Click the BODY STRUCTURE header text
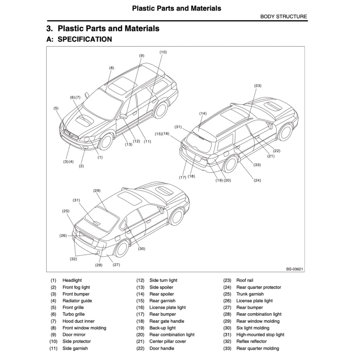click(x=283, y=17)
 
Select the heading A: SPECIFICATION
click(x=79, y=39)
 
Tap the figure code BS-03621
click(x=294, y=269)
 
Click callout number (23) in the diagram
click(x=258, y=86)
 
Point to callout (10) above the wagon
click(x=163, y=52)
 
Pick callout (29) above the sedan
click(x=97, y=191)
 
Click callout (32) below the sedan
click(x=73, y=259)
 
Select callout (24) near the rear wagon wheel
click(x=257, y=180)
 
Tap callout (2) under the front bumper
click(x=81, y=166)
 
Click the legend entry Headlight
click(x=72, y=280)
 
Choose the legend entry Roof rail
click(x=245, y=280)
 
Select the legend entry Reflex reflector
click(x=251, y=341)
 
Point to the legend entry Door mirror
click(x=74, y=335)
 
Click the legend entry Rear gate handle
click(x=167, y=321)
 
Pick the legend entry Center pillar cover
click(x=168, y=341)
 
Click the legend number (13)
click(x=140, y=287)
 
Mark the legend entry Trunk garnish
click(x=250, y=294)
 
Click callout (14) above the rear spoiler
click(x=203, y=114)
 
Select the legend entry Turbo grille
click(x=73, y=314)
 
